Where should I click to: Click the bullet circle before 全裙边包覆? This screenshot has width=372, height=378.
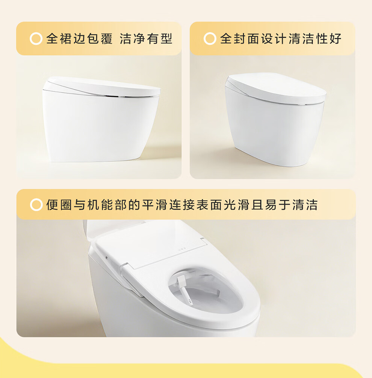[x=36, y=39]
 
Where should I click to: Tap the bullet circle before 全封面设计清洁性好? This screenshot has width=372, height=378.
[x=210, y=39]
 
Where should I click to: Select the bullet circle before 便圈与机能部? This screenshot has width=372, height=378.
[x=36, y=205]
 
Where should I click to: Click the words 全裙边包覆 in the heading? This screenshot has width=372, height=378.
[x=79, y=39]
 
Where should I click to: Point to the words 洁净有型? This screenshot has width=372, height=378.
[x=146, y=39]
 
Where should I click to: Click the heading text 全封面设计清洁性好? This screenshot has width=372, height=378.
[x=281, y=39]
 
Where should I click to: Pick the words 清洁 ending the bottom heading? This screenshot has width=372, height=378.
[x=305, y=205]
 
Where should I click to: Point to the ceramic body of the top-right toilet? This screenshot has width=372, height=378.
[x=274, y=133]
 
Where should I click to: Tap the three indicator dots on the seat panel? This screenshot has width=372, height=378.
[x=182, y=249]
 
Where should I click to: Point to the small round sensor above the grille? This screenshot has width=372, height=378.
[x=107, y=258]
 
